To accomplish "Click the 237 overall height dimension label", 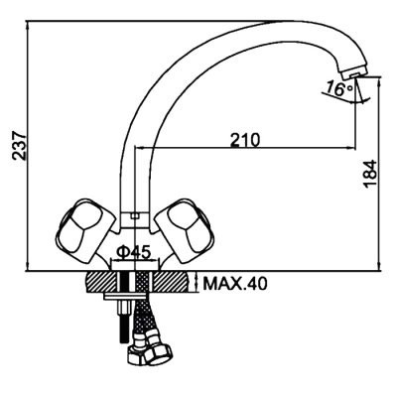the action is [x=20, y=146].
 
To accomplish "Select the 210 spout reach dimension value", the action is [x=245, y=140].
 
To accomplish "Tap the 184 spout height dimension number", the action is [x=370, y=175].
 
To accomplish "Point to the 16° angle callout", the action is [x=339, y=88].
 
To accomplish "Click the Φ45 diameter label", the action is [x=134, y=253].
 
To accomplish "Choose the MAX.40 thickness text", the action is [x=235, y=284].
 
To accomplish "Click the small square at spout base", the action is [x=134, y=216].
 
